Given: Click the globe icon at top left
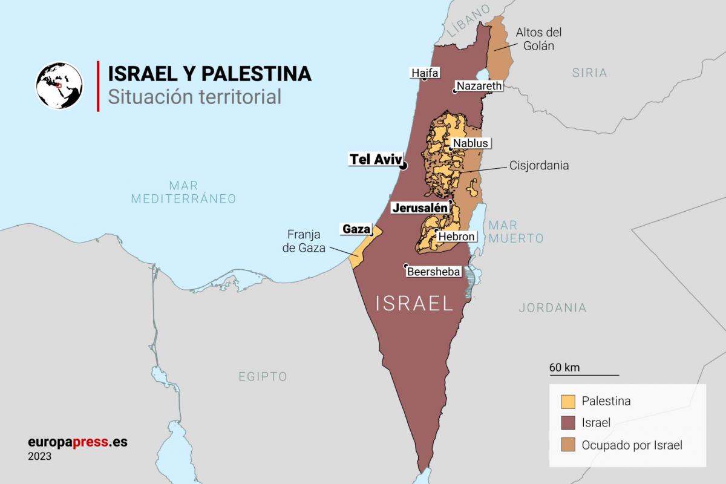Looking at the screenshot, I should pyautogui.click(x=59, y=85).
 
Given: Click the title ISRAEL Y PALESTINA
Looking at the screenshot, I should pyautogui.click(x=209, y=74).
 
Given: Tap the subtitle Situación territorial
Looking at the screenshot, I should pyautogui.click(x=194, y=97).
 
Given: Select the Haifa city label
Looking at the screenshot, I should pyautogui.click(x=424, y=73).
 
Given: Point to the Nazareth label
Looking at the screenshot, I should pyautogui.click(x=479, y=86).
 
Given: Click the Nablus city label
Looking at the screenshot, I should pyautogui.click(x=470, y=143).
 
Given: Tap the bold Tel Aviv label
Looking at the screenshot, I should pyautogui.click(x=375, y=159).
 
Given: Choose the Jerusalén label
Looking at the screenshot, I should pyautogui.click(x=420, y=208).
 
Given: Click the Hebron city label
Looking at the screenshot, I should pyautogui.click(x=457, y=237).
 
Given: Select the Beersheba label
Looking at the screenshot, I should pyautogui.click(x=434, y=272).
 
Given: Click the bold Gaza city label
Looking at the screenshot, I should pyautogui.click(x=356, y=229).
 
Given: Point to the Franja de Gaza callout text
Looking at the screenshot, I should pyautogui.click(x=306, y=241).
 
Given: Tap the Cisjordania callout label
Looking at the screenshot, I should pyautogui.click(x=539, y=165).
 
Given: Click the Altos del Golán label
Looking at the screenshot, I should pyautogui.click(x=538, y=39).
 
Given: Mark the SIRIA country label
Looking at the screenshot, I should pyautogui.click(x=589, y=73).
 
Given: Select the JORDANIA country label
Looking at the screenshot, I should pyautogui.click(x=552, y=308).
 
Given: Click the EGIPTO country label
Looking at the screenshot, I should pyautogui.click(x=263, y=377).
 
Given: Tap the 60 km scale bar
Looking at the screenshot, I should pyautogui.click(x=584, y=374).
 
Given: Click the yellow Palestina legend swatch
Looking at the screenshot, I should pyautogui.click(x=568, y=402).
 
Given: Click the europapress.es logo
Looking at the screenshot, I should pyautogui.click(x=77, y=442).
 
